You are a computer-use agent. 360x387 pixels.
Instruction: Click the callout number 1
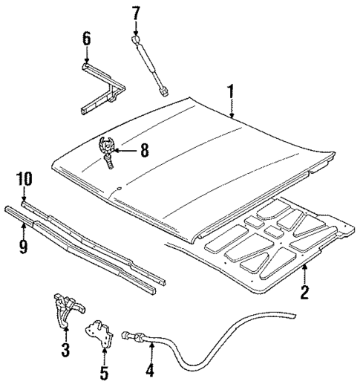231,92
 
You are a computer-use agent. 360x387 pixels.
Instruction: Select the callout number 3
65,348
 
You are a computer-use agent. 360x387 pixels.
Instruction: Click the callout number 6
86,38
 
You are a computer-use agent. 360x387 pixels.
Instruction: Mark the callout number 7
135,13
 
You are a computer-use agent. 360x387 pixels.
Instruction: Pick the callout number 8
144,150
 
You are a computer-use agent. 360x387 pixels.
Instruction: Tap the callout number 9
23,246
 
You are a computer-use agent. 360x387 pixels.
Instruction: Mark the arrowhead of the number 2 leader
304,266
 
